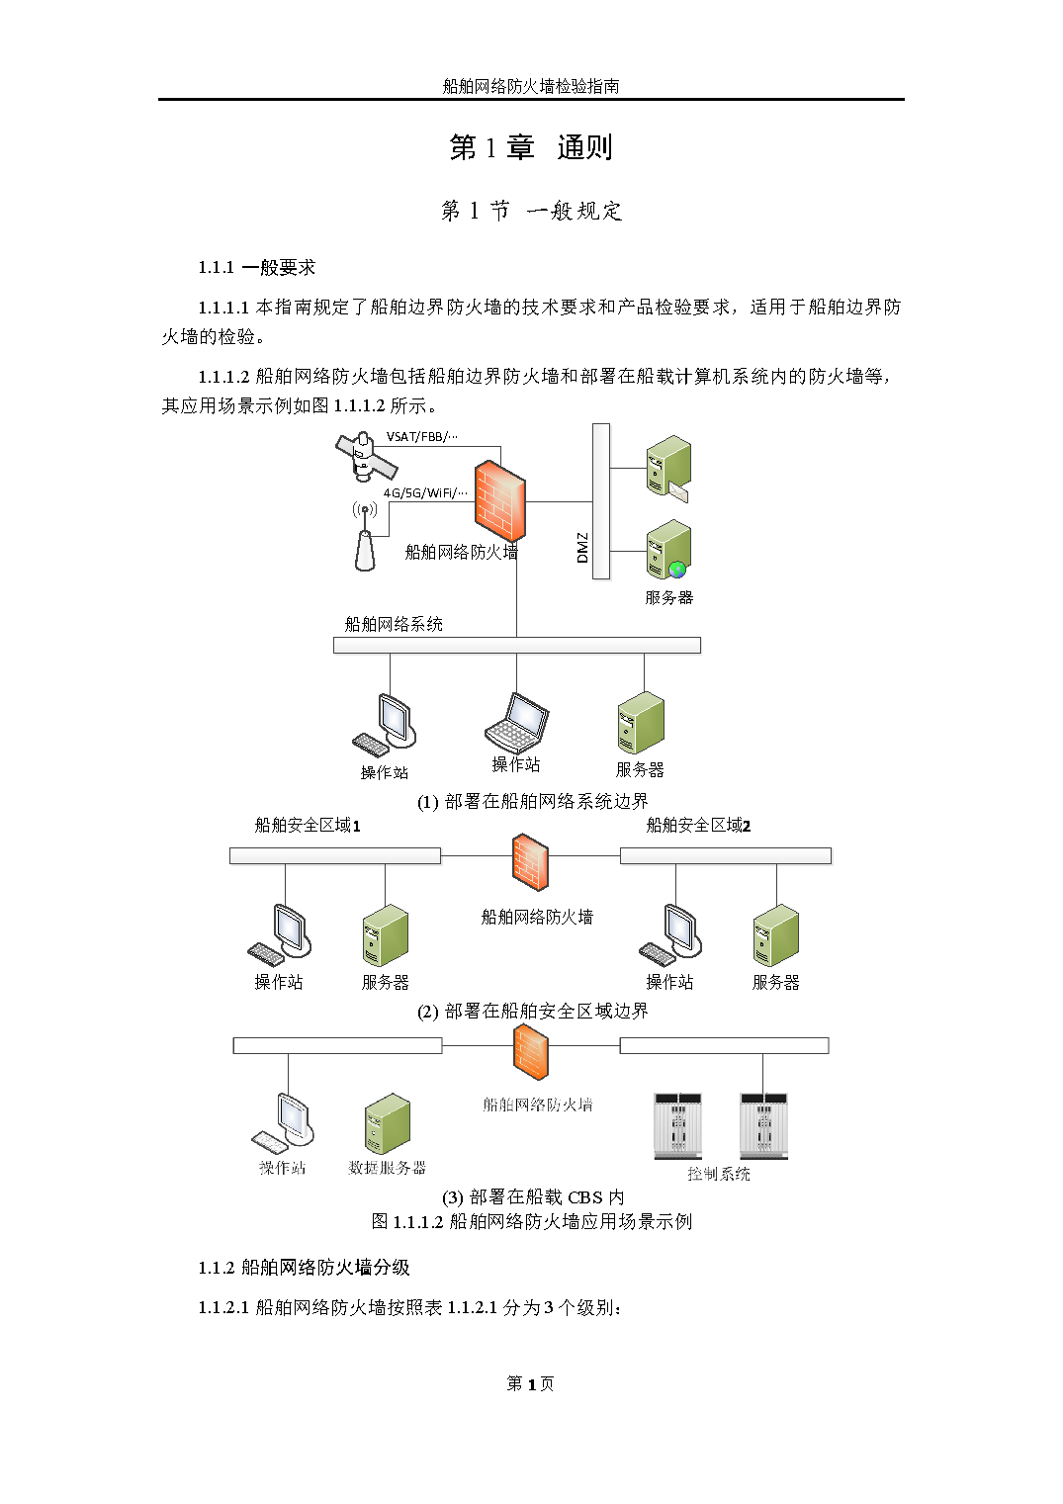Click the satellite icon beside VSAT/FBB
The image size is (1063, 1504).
click(366, 457)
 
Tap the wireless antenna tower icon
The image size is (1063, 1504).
click(365, 537)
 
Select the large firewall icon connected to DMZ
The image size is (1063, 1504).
click(499, 500)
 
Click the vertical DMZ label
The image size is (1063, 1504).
click(582, 547)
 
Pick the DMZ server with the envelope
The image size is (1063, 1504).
click(668, 468)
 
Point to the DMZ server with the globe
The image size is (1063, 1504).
click(668, 549)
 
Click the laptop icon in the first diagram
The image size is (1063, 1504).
click(516, 723)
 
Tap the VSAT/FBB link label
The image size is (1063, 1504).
click(421, 436)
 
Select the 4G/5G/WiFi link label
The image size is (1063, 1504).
click(425, 492)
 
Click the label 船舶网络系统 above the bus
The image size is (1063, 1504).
click(394, 624)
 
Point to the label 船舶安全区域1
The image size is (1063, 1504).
click(308, 825)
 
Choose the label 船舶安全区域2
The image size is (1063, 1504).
click(698, 825)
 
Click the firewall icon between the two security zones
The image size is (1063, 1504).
click(530, 862)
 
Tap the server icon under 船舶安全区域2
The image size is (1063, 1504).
click(775, 935)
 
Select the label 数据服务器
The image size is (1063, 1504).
click(387, 1168)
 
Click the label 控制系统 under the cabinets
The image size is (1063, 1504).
click(719, 1174)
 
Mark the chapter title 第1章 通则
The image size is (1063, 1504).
click(530, 147)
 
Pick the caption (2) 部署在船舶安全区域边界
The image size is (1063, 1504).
click(533, 1012)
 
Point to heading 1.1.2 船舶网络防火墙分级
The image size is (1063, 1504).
click(304, 1268)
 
